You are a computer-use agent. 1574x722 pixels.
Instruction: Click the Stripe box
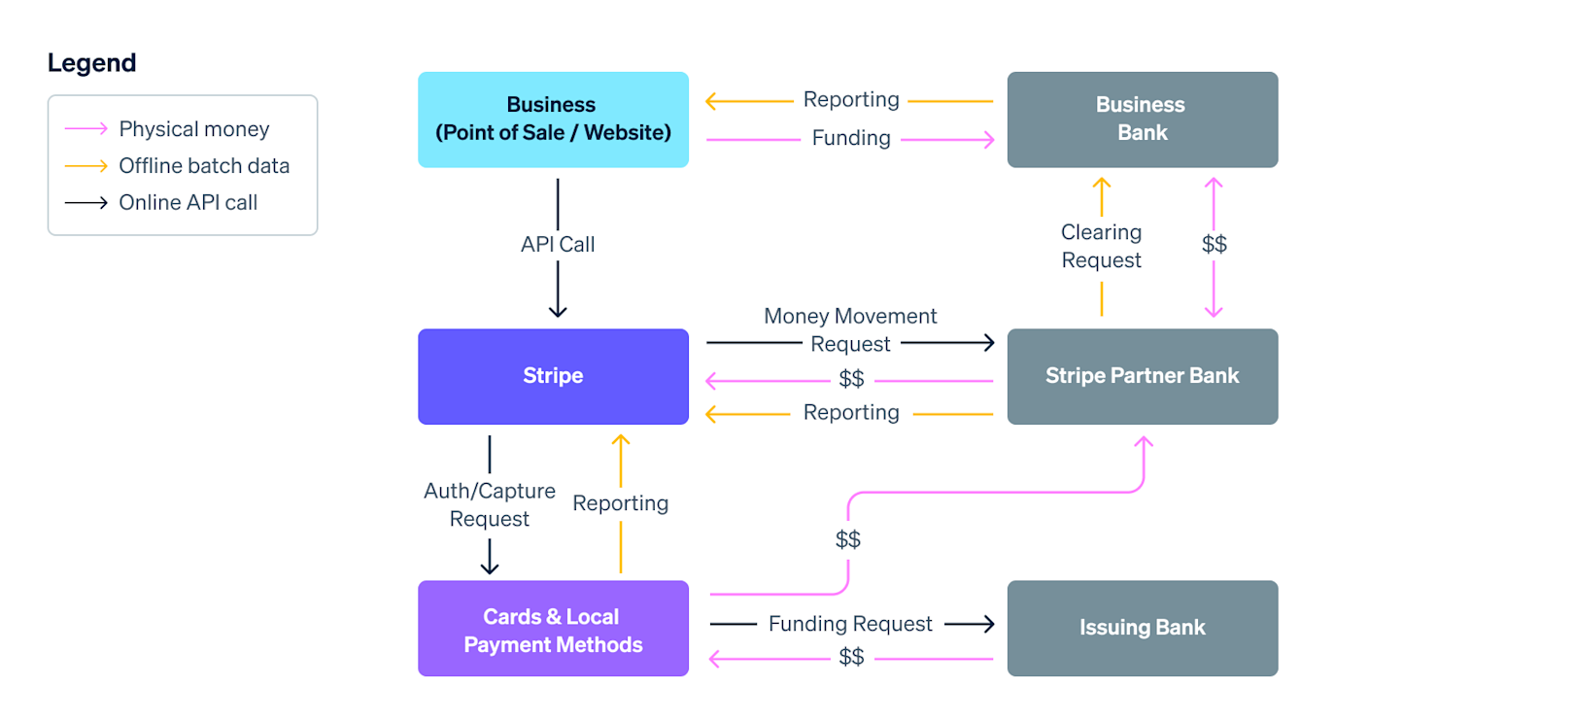[x=553, y=376]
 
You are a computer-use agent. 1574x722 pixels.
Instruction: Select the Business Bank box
[x=1142, y=119]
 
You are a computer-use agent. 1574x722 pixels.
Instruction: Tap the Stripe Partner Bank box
[x=1142, y=376]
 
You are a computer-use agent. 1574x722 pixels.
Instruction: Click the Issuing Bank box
[x=1142, y=628]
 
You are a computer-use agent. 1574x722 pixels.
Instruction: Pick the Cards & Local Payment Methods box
[x=553, y=630]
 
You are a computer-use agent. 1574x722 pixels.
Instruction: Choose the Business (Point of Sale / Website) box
[x=553, y=119]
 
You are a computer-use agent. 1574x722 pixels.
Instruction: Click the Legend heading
[x=91, y=63]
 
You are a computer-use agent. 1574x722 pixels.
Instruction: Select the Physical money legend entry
[x=193, y=129]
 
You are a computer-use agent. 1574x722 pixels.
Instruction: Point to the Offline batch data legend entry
[x=204, y=166]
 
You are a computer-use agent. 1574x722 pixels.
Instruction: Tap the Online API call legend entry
[x=188, y=203]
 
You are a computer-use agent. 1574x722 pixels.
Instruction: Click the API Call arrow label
[x=558, y=245]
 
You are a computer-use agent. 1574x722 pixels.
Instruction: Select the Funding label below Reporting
[x=851, y=139]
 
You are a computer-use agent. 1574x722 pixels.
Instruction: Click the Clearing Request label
[x=1101, y=246]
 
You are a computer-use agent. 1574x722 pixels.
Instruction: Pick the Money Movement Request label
[x=850, y=329]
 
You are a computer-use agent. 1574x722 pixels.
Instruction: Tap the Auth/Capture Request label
[x=490, y=504]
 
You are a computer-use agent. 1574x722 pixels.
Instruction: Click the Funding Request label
[x=850, y=624]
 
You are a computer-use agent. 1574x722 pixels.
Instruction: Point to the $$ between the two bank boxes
[x=1214, y=244]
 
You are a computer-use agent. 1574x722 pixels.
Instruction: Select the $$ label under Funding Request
[x=851, y=658]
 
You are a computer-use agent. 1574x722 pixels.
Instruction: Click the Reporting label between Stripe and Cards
[x=621, y=503]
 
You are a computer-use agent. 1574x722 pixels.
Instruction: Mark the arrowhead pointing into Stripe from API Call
[x=558, y=312]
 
